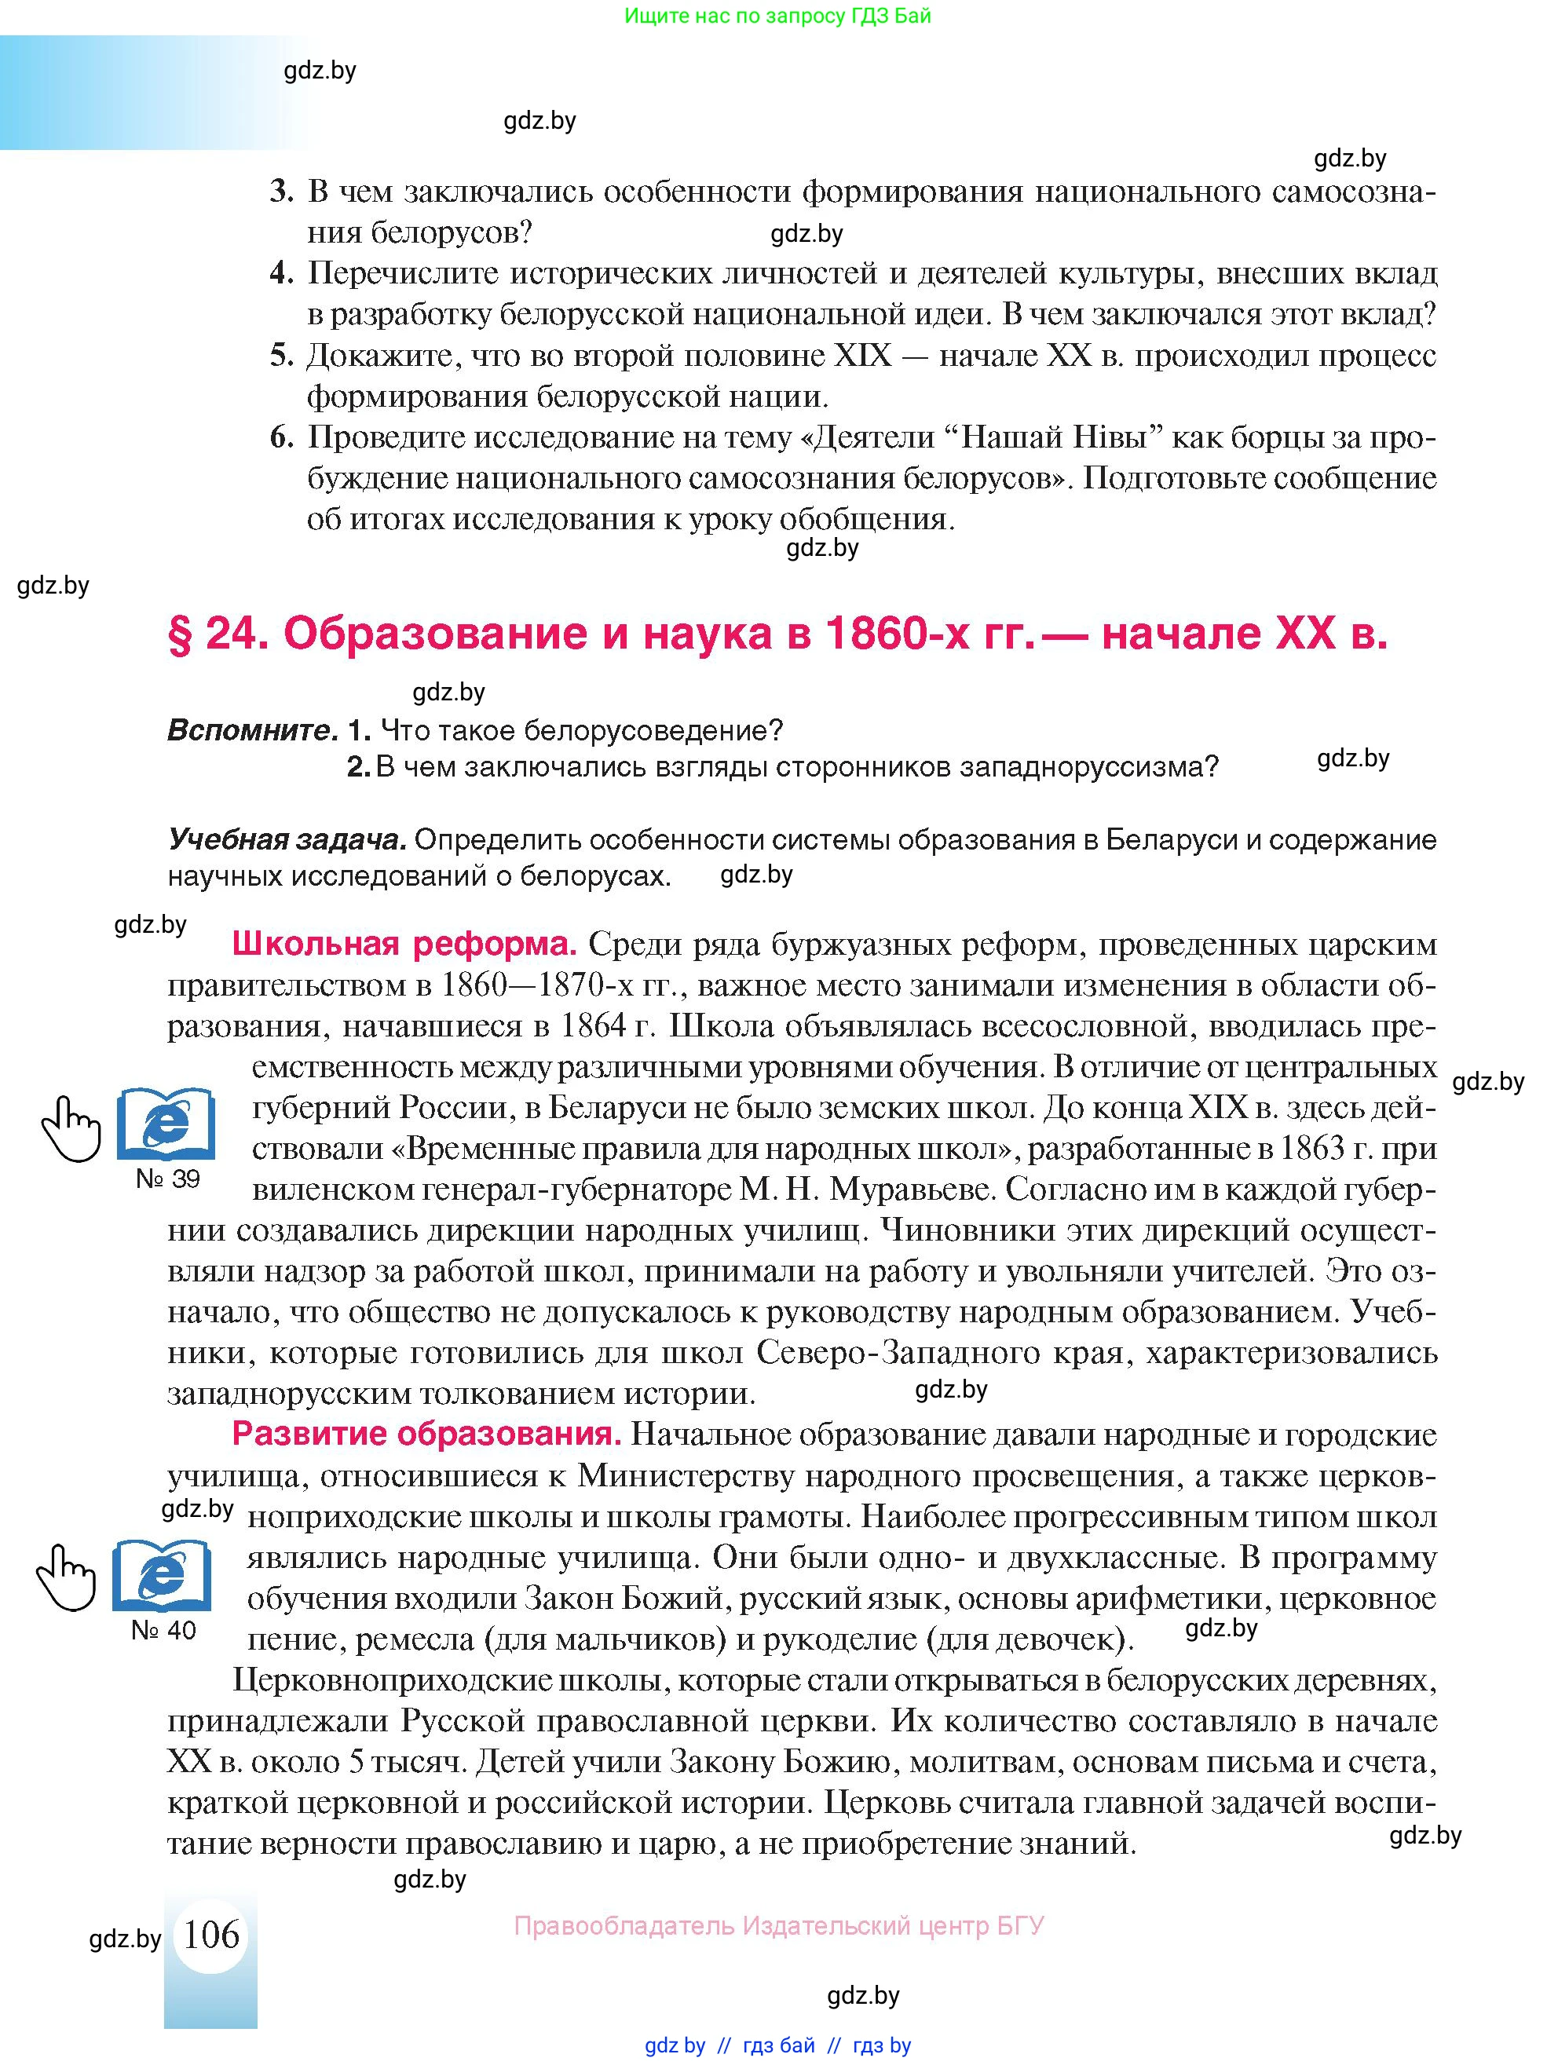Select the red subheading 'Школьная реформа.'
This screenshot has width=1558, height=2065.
[404, 944]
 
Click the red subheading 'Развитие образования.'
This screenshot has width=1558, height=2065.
[426, 1433]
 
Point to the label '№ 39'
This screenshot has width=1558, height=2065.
[168, 1178]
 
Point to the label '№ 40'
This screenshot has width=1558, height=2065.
[163, 1630]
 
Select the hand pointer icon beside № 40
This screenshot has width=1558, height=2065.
[66, 1577]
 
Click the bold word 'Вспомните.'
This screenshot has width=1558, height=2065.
[252, 730]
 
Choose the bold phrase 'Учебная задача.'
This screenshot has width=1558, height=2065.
[287, 839]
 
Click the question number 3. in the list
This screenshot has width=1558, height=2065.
[282, 192]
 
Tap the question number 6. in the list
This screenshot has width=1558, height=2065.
[282, 437]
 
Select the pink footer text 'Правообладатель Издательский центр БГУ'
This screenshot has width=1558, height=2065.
[778, 1925]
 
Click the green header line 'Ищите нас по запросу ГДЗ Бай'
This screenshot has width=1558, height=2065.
[777, 16]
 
